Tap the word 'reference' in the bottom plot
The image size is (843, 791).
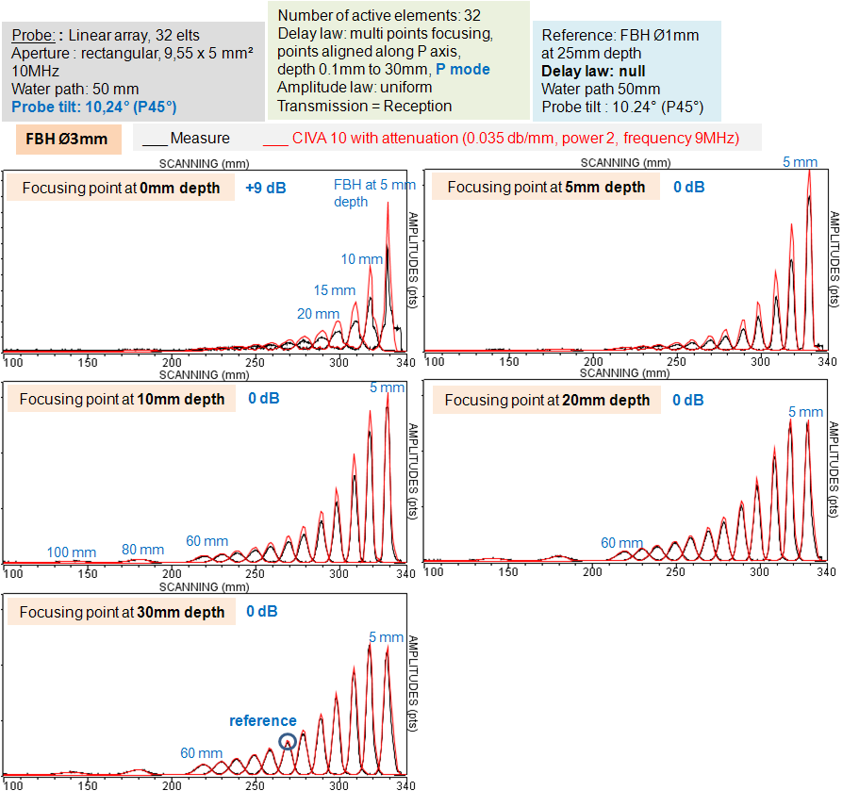tap(263, 720)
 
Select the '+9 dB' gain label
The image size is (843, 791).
tap(265, 188)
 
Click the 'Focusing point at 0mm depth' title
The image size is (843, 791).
tap(121, 188)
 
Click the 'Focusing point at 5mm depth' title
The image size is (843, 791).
tap(546, 187)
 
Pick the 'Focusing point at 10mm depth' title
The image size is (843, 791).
tap(122, 399)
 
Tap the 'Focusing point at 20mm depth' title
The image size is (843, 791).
tap(547, 400)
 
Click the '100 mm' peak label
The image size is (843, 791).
tap(72, 552)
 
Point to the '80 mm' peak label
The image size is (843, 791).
tap(142, 550)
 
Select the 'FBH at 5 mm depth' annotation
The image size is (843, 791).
tap(374, 192)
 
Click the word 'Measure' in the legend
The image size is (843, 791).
tap(199, 139)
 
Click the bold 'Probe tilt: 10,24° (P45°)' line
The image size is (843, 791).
tap(94, 107)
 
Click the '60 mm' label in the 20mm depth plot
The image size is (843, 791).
tap(622, 543)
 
